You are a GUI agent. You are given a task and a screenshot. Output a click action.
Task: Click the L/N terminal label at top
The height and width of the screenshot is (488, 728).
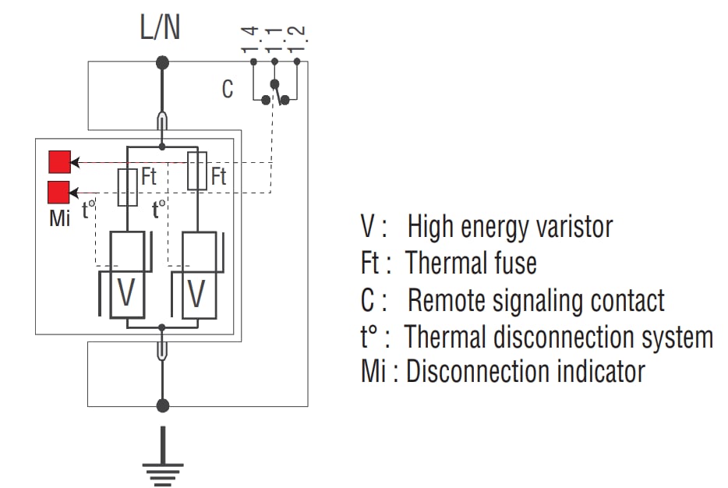pos(162,28)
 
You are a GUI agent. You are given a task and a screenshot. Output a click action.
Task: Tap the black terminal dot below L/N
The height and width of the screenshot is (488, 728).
pos(162,62)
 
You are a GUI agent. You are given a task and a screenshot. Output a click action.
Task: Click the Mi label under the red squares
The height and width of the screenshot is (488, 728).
pos(59,218)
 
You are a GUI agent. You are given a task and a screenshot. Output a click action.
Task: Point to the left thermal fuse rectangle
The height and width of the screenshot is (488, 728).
pos(128,187)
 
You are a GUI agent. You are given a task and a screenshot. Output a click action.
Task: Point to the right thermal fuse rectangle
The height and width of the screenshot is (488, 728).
pos(198,172)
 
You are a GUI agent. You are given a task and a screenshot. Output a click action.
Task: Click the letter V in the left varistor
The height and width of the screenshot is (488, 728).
pos(126,294)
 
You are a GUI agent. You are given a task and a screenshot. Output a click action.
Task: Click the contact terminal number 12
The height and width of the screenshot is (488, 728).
pos(297,39)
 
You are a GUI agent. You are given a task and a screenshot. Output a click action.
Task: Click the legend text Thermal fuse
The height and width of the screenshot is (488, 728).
pos(471,263)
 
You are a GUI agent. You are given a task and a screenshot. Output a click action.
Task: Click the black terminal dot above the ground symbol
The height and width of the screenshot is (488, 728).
pos(162,405)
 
